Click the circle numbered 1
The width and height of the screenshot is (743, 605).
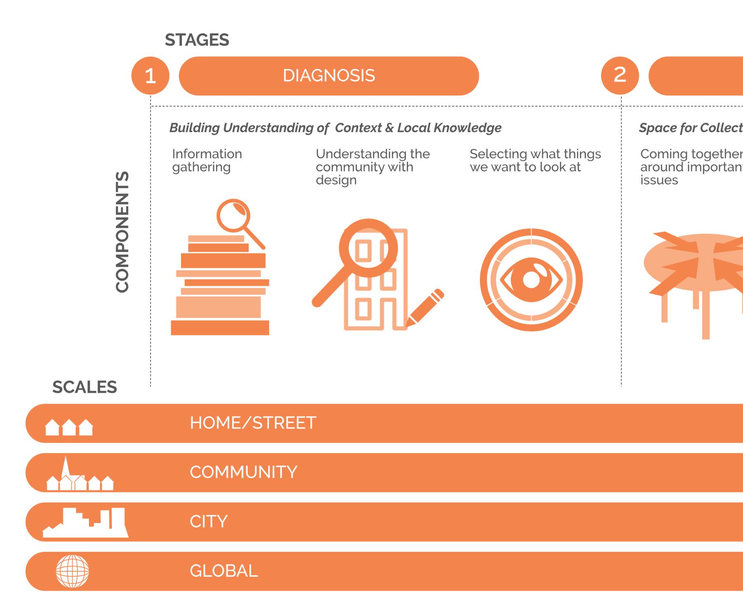tap(150, 76)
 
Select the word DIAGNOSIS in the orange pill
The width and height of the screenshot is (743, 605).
tap(329, 76)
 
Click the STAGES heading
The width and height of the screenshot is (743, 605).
tap(197, 40)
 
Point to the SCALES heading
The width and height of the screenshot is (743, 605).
tap(84, 387)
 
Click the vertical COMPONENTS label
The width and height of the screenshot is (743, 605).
tap(122, 232)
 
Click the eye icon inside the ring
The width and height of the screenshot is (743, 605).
tap(531, 280)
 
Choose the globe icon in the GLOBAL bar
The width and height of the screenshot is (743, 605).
tap(72, 571)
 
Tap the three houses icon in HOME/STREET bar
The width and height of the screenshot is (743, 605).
tap(69, 427)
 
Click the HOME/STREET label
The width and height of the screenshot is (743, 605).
tap(253, 423)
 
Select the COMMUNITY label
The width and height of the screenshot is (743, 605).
tap(243, 472)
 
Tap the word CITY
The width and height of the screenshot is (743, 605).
tap(208, 522)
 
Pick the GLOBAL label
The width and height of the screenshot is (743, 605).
tap(224, 571)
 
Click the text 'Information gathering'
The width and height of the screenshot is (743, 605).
tap(207, 160)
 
